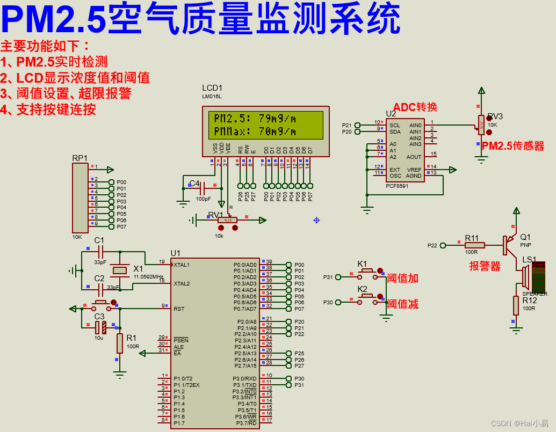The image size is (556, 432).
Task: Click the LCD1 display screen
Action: click(262, 125)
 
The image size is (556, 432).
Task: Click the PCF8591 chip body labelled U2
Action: click(405, 150)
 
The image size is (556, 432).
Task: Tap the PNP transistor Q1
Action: click(508, 245)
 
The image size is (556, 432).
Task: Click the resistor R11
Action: click(474, 245)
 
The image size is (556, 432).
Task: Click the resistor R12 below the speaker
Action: click(516, 306)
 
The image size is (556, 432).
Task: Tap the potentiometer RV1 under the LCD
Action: click(220, 220)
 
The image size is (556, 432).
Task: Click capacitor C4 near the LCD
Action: click(203, 188)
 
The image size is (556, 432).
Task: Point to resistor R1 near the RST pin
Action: click(119, 343)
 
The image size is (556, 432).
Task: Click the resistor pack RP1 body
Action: click(80, 198)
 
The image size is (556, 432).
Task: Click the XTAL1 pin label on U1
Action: click(182, 265)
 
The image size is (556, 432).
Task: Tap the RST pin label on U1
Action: click(179, 309)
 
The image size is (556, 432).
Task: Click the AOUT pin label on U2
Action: click(414, 157)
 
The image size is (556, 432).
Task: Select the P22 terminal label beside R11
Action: click(432, 246)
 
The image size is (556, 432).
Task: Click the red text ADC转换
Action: click(415, 107)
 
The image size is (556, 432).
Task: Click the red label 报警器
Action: click(485, 266)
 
